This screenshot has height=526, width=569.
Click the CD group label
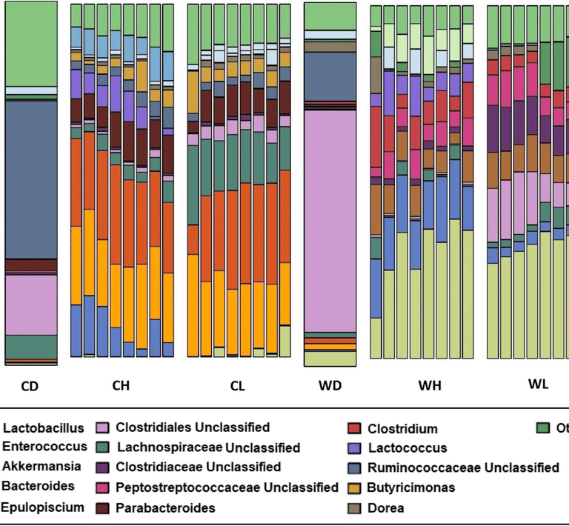(31, 386)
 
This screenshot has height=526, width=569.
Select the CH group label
(122, 386)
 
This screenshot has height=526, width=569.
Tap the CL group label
(237, 386)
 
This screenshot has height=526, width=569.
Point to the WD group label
(330, 386)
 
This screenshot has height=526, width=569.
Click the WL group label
(538, 384)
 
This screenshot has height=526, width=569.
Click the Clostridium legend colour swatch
(355, 429)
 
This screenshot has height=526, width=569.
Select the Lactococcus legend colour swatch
(355, 448)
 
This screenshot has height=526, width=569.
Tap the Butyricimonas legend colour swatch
(355, 487)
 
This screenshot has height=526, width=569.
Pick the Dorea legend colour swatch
(355, 507)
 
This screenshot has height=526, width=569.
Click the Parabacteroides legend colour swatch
(103, 507)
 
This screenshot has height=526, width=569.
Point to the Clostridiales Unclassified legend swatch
(103, 427)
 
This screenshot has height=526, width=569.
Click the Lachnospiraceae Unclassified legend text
(207, 447)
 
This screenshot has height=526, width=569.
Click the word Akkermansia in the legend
(37, 467)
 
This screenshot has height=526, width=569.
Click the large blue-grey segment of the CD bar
(31, 178)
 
